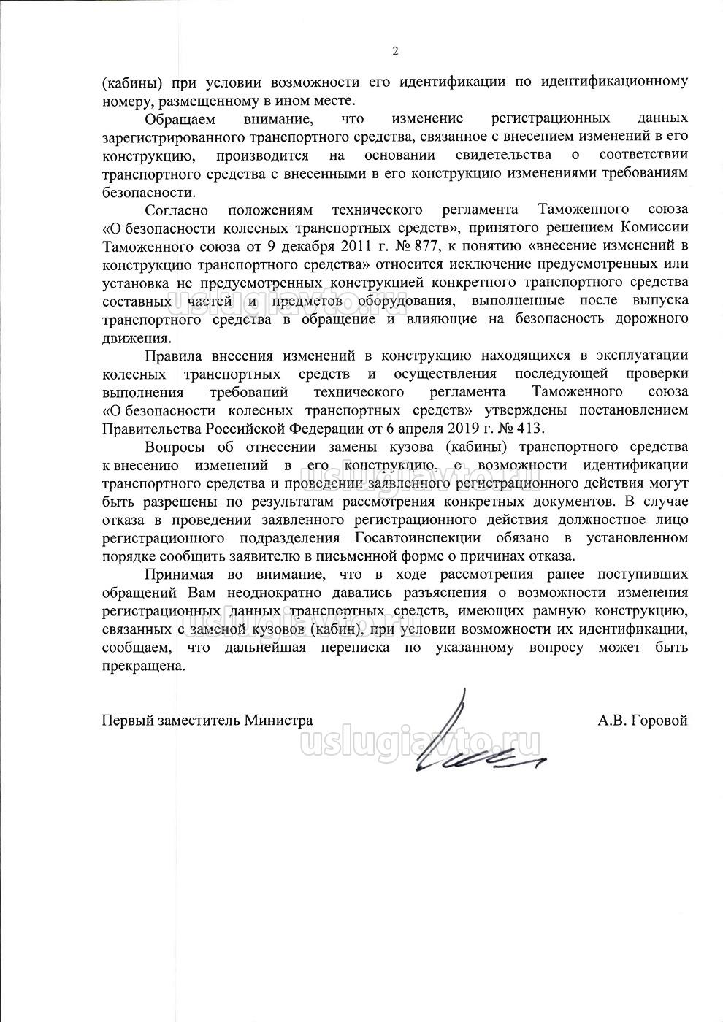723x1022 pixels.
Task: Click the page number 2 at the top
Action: (x=395, y=51)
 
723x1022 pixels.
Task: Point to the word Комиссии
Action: (x=656, y=228)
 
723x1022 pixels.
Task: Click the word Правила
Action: (x=173, y=356)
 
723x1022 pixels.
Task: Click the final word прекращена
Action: (x=144, y=666)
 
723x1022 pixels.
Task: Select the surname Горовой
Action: (x=659, y=721)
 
